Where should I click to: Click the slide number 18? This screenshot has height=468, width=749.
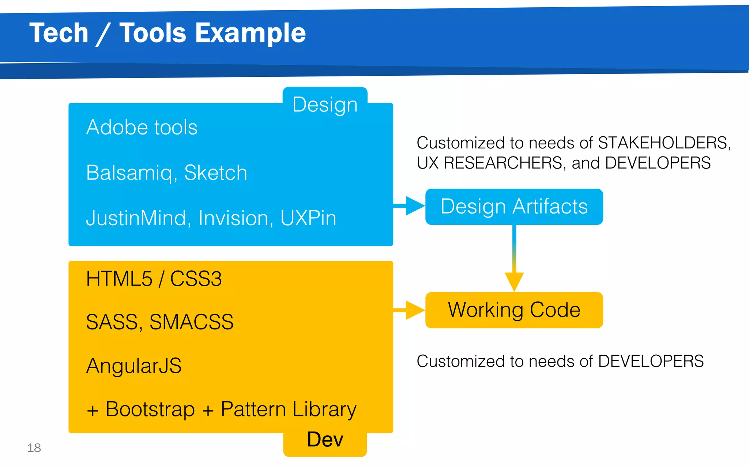click(34, 448)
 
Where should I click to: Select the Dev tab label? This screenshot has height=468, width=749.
click(325, 439)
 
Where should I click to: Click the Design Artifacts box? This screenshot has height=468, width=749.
click(514, 207)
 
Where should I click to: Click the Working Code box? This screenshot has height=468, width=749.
click(514, 310)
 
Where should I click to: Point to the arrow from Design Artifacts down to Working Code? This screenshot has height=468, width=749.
click(514, 256)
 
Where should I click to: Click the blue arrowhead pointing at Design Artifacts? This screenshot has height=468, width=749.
click(414, 206)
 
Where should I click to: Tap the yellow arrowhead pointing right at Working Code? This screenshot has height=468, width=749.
click(414, 310)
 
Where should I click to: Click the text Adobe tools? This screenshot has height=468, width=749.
click(142, 127)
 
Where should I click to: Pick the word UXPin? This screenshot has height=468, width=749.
click(308, 218)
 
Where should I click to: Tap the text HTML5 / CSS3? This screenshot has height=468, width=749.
click(154, 279)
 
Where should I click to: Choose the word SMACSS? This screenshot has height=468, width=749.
click(191, 322)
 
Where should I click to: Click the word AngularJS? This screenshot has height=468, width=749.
click(134, 366)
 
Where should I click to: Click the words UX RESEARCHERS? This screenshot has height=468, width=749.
click(489, 163)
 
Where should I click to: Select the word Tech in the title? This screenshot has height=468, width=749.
click(59, 33)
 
